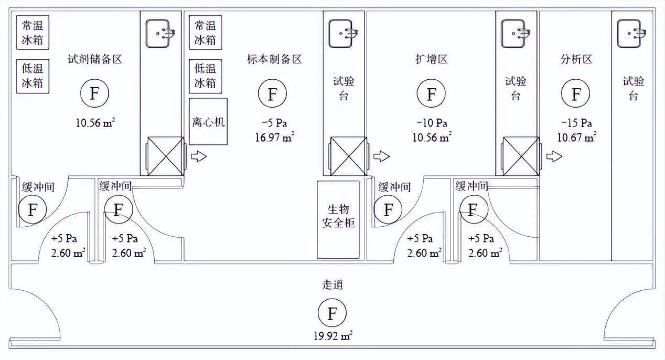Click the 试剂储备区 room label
pyautogui.click(x=95, y=59)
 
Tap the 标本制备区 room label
pyautogui.click(x=274, y=59)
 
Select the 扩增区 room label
pyautogui.click(x=431, y=59)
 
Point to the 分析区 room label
pyautogui.click(x=576, y=59)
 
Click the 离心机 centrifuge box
pyautogui.click(x=208, y=122)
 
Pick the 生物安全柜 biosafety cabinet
pyautogui.click(x=338, y=219)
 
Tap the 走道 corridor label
pyautogui.click(x=332, y=285)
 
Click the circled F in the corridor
pyautogui.click(x=332, y=314)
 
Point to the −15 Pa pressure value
pyautogui.click(x=577, y=123)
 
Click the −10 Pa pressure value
pyautogui.click(x=432, y=123)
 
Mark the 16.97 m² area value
pyautogui.click(x=274, y=137)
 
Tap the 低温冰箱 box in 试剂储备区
pyautogui.click(x=33, y=76)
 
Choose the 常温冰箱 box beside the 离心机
pyautogui.click(x=205, y=33)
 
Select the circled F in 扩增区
pyautogui.click(x=432, y=94)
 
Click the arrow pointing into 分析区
pyautogui.click(x=554, y=156)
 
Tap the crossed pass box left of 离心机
pyautogui.click(x=165, y=156)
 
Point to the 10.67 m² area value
pyautogui.click(x=577, y=137)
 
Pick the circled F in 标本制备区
pyautogui.click(x=273, y=94)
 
